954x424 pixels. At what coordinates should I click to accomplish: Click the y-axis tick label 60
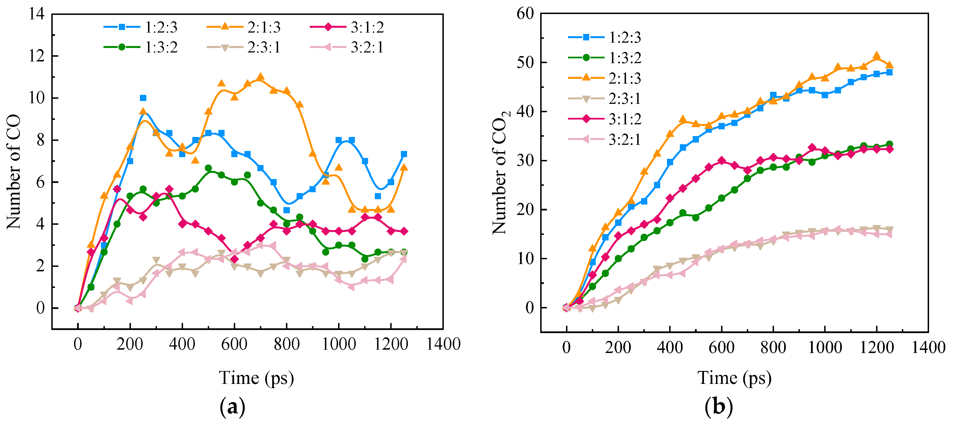click(x=525, y=14)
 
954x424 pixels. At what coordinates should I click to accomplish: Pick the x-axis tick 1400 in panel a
click(x=443, y=344)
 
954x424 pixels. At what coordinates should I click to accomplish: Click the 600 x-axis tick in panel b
click(x=721, y=347)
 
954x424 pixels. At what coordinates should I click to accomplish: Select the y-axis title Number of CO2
click(x=500, y=172)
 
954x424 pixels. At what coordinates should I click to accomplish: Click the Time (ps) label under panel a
click(x=256, y=378)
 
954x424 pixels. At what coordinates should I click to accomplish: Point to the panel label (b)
click(x=719, y=407)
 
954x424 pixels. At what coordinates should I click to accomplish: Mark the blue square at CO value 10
click(x=143, y=98)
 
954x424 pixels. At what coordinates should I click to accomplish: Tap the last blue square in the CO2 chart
click(x=889, y=73)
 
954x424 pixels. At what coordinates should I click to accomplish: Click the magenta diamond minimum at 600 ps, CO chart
click(x=234, y=259)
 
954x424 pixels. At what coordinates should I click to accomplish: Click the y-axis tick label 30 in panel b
click(x=525, y=161)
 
